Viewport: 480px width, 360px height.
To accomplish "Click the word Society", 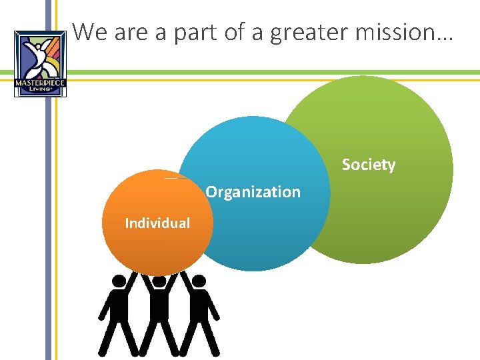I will pos(368,165).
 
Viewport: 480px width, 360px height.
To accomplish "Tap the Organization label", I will pos(253,192).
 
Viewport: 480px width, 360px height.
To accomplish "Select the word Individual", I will pos(157,223).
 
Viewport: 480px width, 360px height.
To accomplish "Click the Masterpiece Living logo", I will pos(40,64).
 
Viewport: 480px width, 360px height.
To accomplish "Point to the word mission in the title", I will pos(406,32).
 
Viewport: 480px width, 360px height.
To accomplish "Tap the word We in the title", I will pos(91,32).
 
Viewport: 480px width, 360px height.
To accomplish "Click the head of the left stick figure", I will pos(119,282).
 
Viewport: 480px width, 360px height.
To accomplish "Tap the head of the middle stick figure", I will pos(159,282).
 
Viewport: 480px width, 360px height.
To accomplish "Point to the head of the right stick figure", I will pos(199,282).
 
